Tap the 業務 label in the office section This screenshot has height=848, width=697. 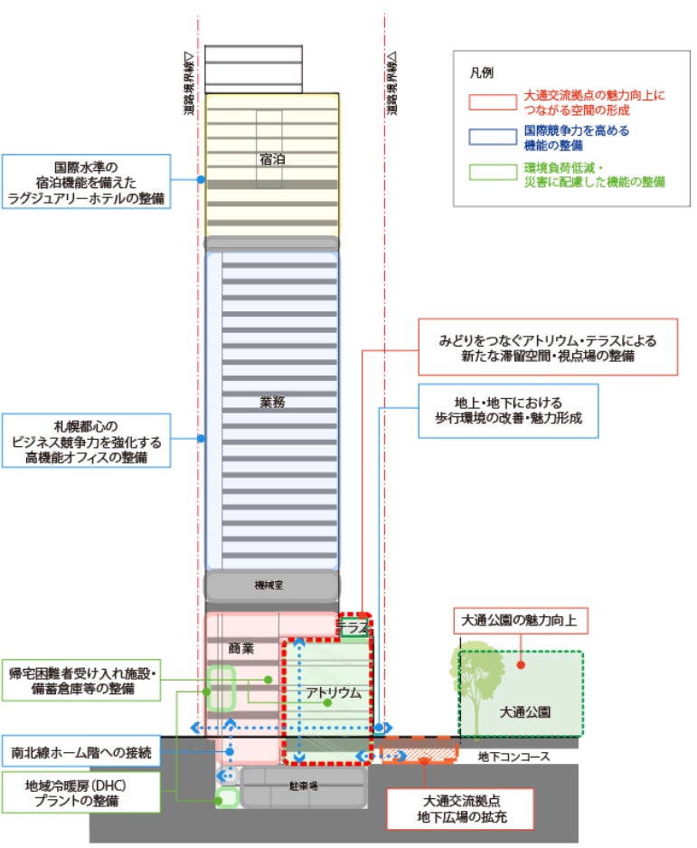272,402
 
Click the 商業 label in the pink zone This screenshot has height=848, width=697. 240,648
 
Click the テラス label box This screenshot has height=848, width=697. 354,627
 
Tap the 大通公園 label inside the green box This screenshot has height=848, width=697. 524,712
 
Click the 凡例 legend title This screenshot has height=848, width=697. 481,72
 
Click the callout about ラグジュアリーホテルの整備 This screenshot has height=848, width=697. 87,182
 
